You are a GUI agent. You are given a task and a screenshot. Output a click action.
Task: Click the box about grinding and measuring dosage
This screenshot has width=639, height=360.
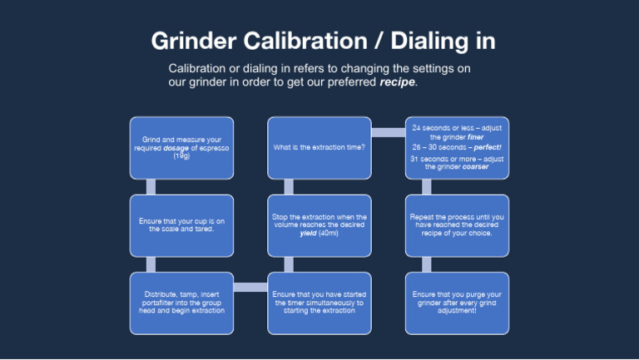(x=181, y=148)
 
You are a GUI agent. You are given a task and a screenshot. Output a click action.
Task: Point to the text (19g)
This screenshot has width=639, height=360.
(x=181, y=156)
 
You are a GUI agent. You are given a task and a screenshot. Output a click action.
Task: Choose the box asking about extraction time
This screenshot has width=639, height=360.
(x=319, y=148)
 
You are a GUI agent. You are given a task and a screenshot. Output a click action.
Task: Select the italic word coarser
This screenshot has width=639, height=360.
(x=471, y=166)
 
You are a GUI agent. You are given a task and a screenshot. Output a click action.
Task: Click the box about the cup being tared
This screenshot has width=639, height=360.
(x=181, y=224)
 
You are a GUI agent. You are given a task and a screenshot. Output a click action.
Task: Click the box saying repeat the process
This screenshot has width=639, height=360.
(x=456, y=224)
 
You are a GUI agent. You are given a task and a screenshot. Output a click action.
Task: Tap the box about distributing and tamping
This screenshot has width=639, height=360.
(x=181, y=302)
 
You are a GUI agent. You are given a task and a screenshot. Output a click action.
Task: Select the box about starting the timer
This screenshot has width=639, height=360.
(x=319, y=302)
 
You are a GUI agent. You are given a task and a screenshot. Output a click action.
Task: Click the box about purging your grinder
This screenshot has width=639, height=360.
(x=456, y=302)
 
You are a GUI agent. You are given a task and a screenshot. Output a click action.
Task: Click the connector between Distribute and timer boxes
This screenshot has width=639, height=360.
(x=250, y=288)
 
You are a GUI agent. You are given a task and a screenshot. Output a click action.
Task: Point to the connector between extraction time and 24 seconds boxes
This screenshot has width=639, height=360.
(x=387, y=132)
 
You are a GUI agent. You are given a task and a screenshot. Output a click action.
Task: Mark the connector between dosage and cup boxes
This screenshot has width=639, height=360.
(x=151, y=187)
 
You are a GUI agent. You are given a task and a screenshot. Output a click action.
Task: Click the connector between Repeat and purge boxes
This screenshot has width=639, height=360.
(x=426, y=264)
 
